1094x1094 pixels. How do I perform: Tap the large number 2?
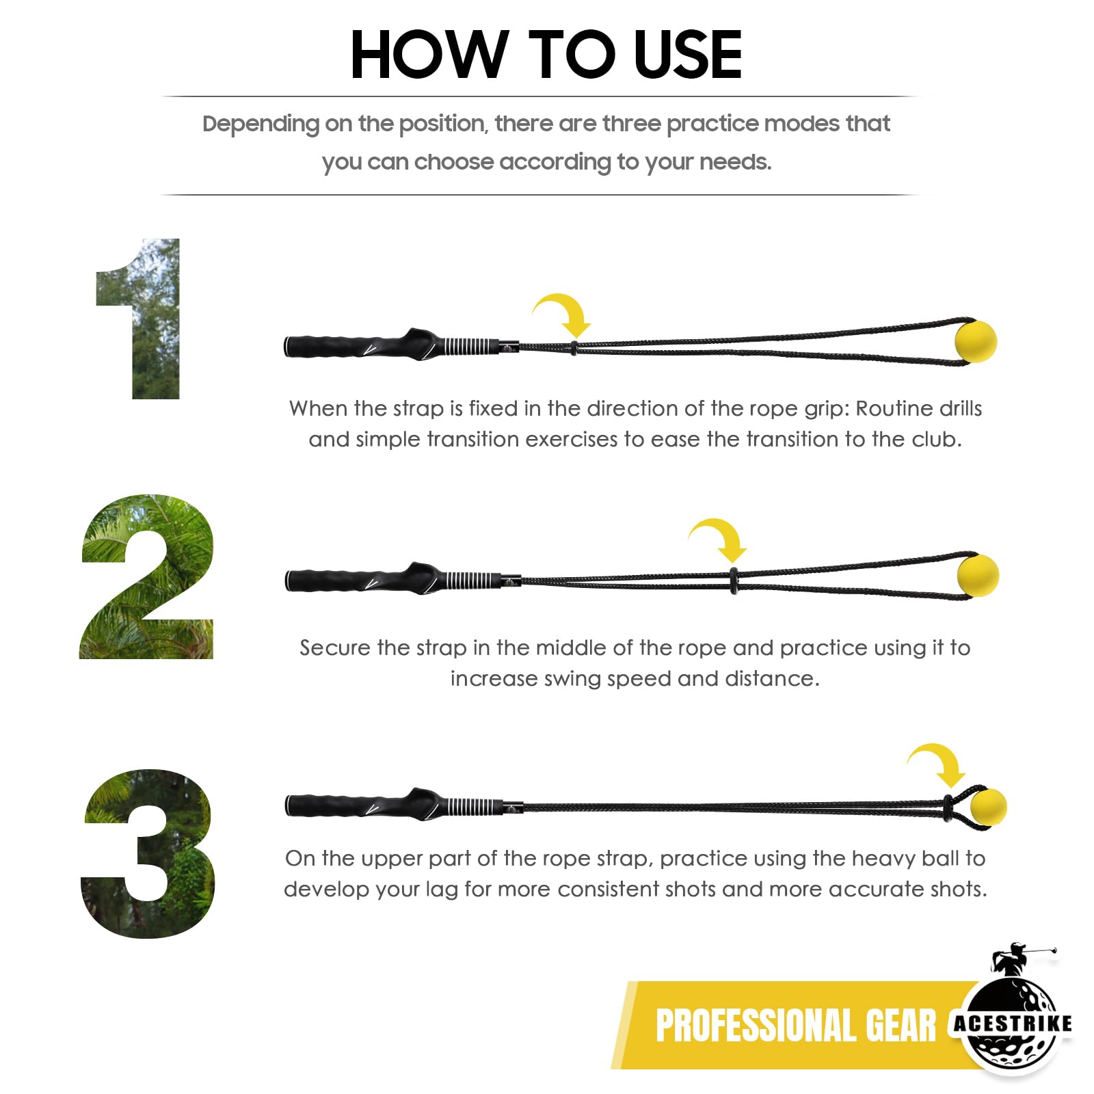click(x=147, y=576)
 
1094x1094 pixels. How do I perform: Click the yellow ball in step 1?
click(x=976, y=341)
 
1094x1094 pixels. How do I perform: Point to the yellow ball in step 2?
click(x=978, y=576)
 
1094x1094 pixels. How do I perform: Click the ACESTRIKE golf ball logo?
click(x=1013, y=1024)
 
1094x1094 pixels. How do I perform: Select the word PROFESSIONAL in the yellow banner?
click(x=757, y=1026)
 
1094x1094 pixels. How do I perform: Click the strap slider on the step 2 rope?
click(x=734, y=580)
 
